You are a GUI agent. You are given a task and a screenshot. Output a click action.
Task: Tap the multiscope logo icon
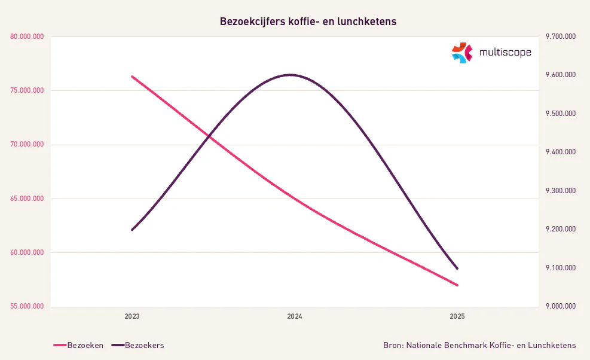point(461,53)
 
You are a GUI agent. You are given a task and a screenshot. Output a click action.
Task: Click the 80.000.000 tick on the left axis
point(27,37)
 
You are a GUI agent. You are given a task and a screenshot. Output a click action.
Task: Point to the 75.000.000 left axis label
point(27,91)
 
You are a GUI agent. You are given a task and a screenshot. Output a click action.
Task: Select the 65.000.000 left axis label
point(27,199)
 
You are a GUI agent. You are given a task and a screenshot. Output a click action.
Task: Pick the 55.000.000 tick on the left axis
point(27,306)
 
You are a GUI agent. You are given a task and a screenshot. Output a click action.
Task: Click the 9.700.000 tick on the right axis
point(560,37)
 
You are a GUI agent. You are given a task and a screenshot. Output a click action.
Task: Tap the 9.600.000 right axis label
point(560,75)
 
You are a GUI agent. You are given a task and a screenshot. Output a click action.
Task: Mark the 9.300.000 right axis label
point(560,191)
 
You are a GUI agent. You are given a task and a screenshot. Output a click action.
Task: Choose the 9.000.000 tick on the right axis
point(560,306)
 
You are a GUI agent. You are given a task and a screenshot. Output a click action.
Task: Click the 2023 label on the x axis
point(132,316)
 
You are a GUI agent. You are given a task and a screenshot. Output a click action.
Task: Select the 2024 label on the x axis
point(295,316)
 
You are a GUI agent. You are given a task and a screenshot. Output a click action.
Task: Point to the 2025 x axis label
point(457,316)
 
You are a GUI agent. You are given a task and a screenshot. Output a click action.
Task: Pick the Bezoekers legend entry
point(144,345)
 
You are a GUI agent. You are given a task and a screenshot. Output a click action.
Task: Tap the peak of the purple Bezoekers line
point(291,75)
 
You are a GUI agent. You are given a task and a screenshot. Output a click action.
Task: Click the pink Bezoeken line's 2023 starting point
point(132,77)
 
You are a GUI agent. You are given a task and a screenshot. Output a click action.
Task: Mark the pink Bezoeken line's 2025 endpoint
point(457,285)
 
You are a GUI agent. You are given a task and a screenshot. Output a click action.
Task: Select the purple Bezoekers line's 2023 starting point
point(132,230)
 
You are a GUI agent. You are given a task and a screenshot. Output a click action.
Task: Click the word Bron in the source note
point(392,345)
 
